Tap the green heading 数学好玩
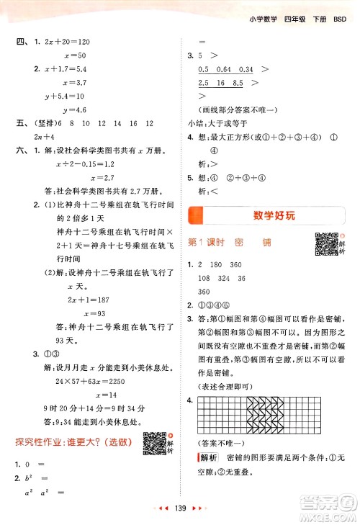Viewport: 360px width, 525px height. tap(269, 215)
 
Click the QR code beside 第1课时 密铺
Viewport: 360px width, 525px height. tap(325, 243)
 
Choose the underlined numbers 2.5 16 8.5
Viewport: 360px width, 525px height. tap(220, 83)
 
